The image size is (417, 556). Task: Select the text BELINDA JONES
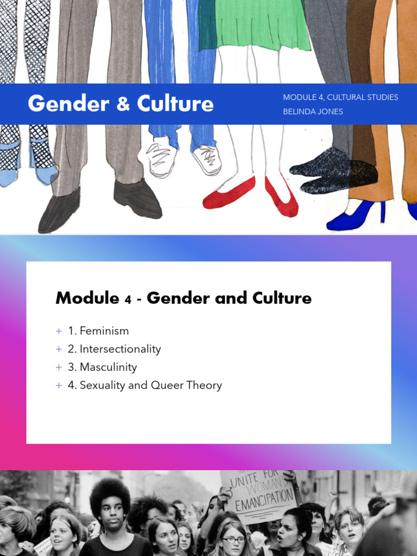pos(313,111)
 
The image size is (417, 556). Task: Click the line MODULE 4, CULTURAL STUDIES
pos(340,97)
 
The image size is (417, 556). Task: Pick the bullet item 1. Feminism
pos(98,331)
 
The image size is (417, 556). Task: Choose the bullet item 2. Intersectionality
pos(115,349)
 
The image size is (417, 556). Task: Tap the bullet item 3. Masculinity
pos(102,367)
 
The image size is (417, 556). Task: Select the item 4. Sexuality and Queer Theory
pos(145,385)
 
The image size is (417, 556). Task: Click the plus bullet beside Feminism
pos(59,331)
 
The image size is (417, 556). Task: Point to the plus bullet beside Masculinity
pos(59,368)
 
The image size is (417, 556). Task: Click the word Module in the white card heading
pos(87,298)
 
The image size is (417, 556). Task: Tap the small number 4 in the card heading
pos(128,299)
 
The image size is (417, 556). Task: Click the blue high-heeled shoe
pos(356,215)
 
